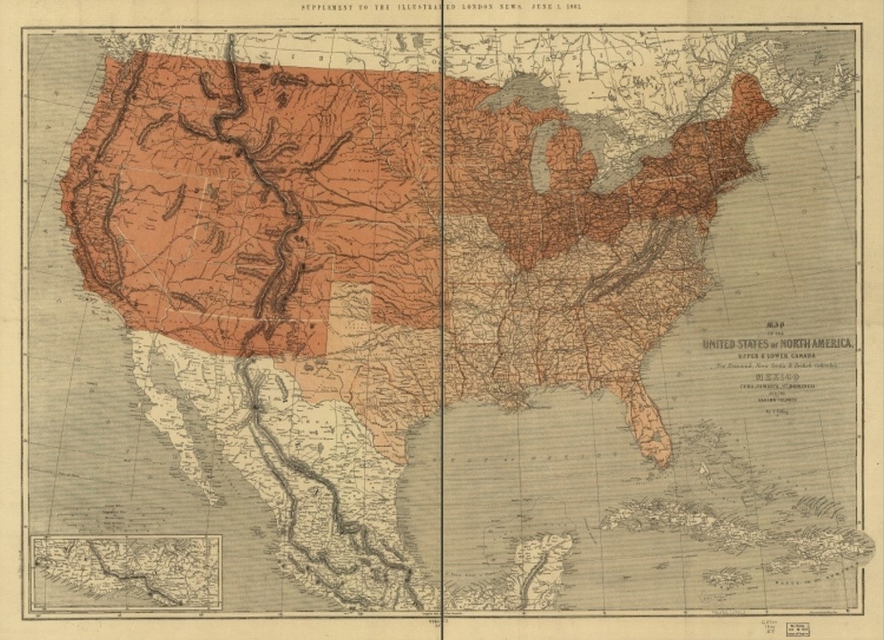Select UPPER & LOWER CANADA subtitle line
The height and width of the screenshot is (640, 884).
click(x=776, y=356)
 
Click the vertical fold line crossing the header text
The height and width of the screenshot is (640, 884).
click(x=443, y=7)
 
